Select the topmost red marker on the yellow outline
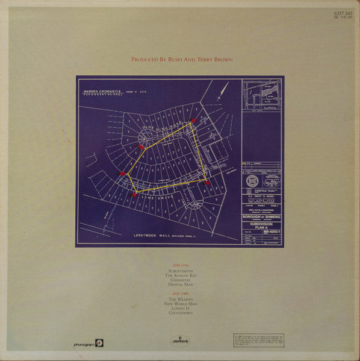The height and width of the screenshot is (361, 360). coord(193,121)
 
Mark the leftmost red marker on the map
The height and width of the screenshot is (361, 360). coord(122,174)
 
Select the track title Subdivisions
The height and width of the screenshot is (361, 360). coord(180,272)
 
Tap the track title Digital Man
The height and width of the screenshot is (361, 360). coord(180,284)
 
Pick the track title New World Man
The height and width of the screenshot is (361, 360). coord(180,304)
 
